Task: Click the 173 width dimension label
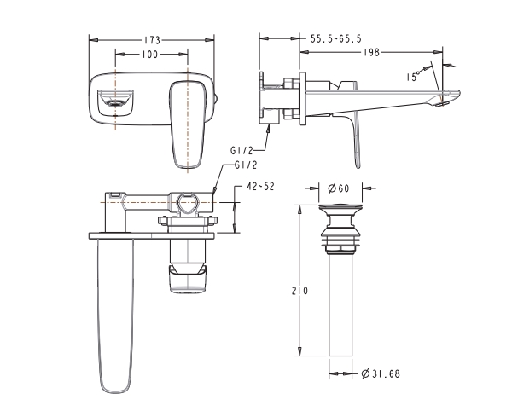[153, 40]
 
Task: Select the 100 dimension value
[150, 55]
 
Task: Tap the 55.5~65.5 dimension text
[336, 39]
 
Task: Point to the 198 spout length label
[372, 52]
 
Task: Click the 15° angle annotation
[412, 77]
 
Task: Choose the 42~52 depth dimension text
[260, 187]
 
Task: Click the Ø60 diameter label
[338, 188]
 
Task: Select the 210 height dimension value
[300, 290]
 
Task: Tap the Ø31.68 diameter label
[381, 373]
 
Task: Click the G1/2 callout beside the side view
[241, 150]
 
